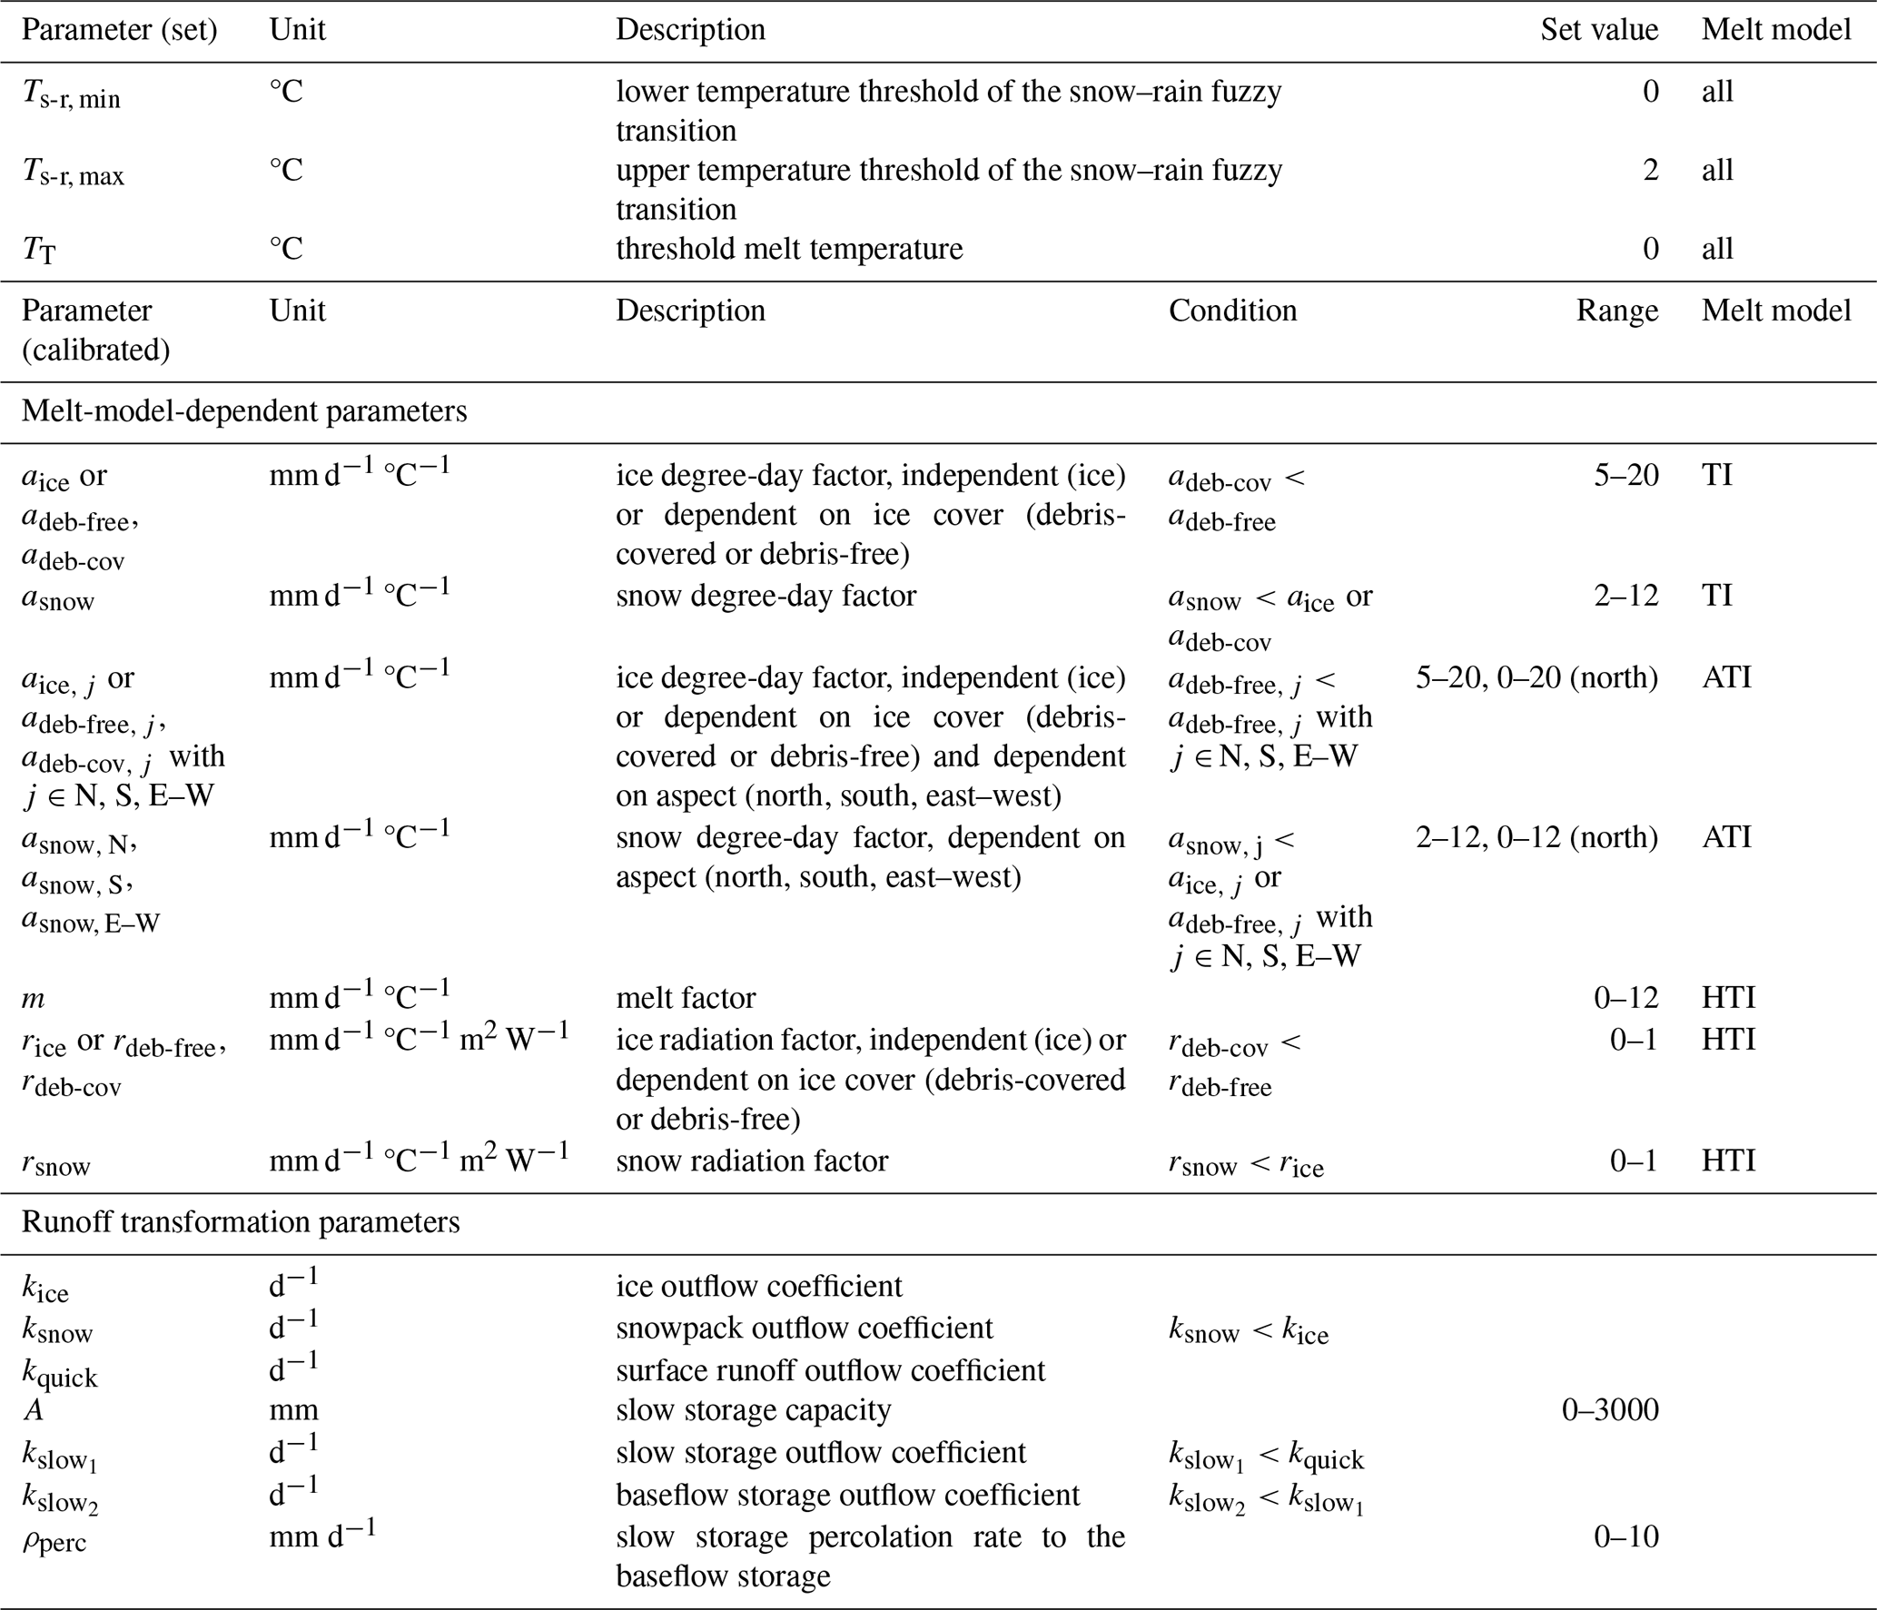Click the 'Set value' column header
tap(1598, 30)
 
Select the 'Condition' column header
tap(1231, 311)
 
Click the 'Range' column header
tap(1616, 311)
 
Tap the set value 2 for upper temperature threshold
tap(1650, 170)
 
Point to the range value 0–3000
tap(1609, 1409)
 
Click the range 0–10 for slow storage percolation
tap(1625, 1536)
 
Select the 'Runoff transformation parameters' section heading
tap(241, 1222)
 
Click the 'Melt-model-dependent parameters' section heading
tap(244, 411)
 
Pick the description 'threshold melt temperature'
tap(789, 249)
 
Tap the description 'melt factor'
tap(686, 998)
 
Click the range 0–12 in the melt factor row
tap(1625, 998)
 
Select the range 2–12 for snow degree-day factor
tap(1625, 596)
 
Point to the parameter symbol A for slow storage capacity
tap(33, 1410)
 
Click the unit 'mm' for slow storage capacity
tap(293, 1410)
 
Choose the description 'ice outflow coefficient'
tap(759, 1286)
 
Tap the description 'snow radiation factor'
tap(752, 1161)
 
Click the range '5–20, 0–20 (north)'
tap(1536, 677)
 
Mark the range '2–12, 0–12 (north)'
tap(1536, 837)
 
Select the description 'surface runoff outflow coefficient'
tap(830, 1369)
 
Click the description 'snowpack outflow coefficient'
tap(805, 1328)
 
